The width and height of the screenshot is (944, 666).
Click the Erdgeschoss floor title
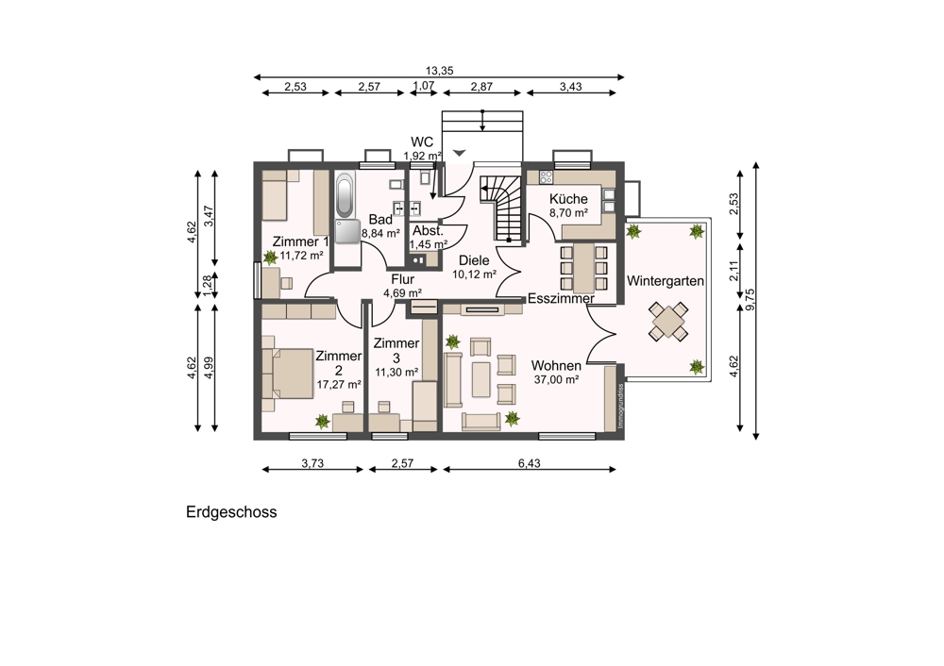[231, 512]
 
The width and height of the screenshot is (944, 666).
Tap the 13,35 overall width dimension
[439, 71]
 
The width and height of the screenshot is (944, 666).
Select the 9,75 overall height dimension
[750, 300]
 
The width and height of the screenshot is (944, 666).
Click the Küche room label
[568, 198]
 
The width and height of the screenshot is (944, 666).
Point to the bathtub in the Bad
[345, 195]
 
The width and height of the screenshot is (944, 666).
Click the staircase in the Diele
[499, 208]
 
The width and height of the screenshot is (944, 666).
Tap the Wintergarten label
[666, 281]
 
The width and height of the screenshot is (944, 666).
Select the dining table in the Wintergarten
[668, 322]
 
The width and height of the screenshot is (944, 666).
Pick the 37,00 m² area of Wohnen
[556, 379]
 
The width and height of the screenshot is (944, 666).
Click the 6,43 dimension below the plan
[530, 463]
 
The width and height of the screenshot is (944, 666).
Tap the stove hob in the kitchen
[546, 177]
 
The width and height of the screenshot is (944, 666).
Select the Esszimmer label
[561, 298]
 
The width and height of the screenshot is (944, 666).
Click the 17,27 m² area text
[339, 385]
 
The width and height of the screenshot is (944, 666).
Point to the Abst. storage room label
[428, 231]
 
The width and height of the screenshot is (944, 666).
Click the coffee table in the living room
[480, 379]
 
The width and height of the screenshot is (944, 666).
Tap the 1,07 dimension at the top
[423, 86]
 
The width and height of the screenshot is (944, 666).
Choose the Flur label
[403, 280]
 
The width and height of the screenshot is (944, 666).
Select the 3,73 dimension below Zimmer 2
[312, 463]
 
